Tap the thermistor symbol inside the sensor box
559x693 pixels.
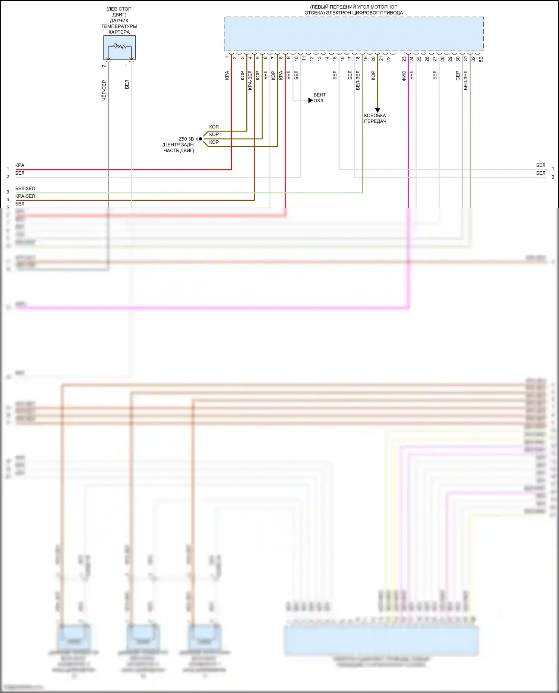pyautogui.click(x=120, y=47)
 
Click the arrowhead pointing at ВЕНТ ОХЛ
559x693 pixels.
pyautogui.click(x=310, y=101)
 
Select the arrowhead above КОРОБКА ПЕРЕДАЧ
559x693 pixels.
pyautogui.click(x=378, y=110)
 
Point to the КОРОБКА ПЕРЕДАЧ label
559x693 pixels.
pyautogui.click(x=375, y=118)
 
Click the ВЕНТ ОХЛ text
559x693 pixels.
pyautogui.click(x=319, y=98)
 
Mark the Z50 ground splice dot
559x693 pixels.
pyautogui.click(x=200, y=139)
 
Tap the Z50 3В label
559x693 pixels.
pyautogui.click(x=186, y=139)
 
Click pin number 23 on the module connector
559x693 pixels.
pyautogui.click(x=404, y=58)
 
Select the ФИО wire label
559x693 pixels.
pyautogui.click(x=404, y=76)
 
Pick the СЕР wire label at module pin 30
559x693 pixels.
pyautogui.click(x=458, y=76)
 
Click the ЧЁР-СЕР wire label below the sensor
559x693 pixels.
pyautogui.click(x=104, y=90)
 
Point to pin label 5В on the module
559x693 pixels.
pyautogui.click(x=481, y=59)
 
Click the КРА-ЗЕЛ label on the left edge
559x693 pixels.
pyautogui.click(x=25, y=196)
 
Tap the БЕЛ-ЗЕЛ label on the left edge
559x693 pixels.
pyautogui.click(x=25, y=188)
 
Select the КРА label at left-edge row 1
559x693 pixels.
pyautogui.click(x=20, y=165)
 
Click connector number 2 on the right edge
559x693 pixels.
pyautogui.click(x=553, y=177)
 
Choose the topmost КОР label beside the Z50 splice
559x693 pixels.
pyautogui.click(x=214, y=127)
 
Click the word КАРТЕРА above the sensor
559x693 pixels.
pyautogui.click(x=119, y=32)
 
